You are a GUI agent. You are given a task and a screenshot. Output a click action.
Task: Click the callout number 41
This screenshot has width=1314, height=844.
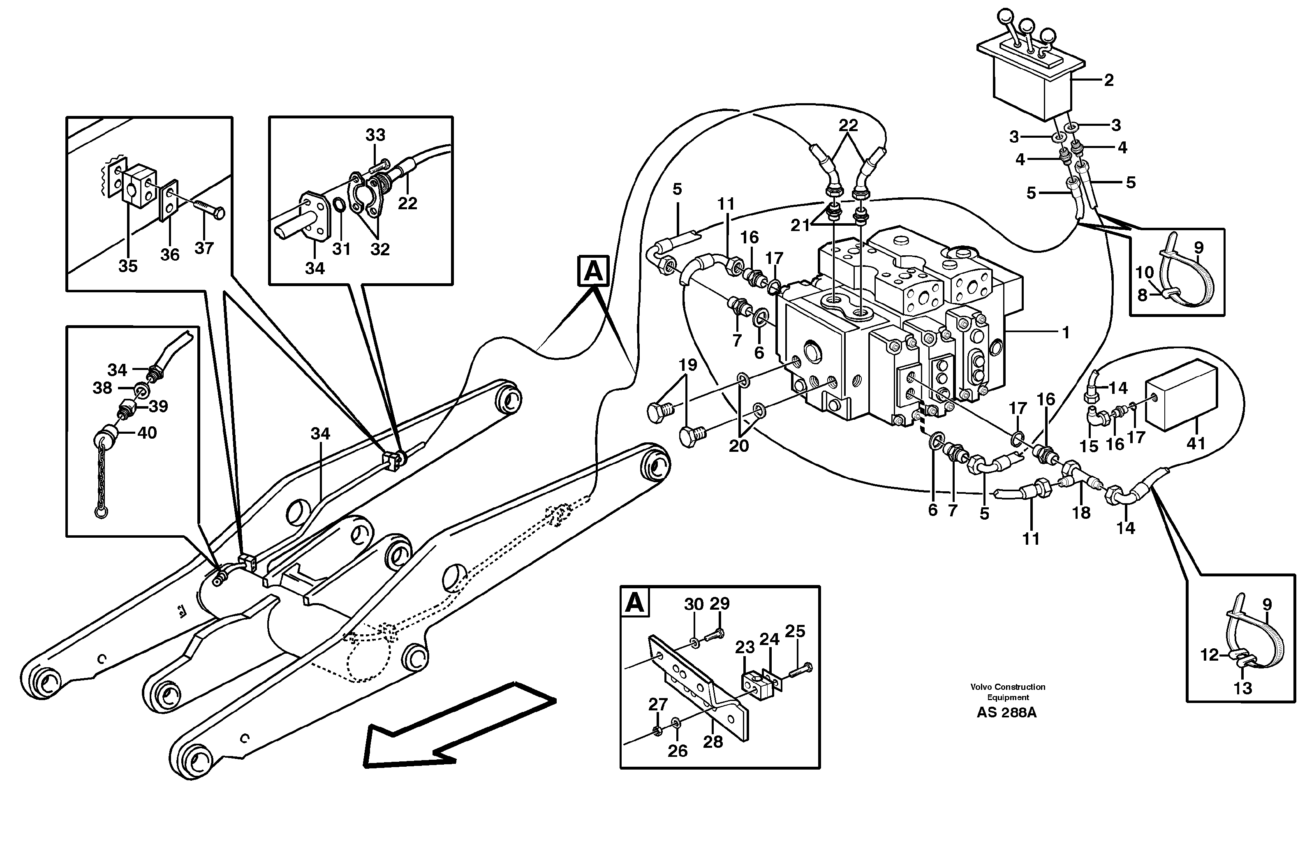[x=1196, y=443]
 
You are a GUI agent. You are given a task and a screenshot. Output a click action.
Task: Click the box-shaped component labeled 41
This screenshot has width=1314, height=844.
[x=1181, y=394]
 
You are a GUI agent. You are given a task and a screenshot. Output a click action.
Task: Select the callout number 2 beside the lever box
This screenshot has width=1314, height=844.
[x=1108, y=81]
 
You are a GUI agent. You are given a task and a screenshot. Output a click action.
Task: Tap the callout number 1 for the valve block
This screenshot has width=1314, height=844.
[x=1066, y=332]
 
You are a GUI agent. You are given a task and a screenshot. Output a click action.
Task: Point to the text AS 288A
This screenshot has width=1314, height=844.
[x=1006, y=713]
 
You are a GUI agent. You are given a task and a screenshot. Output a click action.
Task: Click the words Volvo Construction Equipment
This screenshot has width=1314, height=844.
[x=1008, y=691]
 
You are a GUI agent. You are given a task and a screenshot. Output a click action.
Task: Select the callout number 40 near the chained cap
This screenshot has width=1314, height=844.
[x=147, y=433]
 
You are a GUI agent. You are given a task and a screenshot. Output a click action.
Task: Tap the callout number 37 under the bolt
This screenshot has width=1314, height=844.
[x=204, y=248]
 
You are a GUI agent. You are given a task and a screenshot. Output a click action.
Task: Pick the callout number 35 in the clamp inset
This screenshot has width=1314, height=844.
[x=128, y=266]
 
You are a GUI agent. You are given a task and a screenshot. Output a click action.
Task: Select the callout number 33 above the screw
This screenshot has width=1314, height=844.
[x=375, y=135]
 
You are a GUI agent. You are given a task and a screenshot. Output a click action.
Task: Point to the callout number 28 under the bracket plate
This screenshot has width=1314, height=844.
[x=713, y=742]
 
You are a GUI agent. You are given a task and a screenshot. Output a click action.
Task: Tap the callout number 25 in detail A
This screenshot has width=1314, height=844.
[x=795, y=631]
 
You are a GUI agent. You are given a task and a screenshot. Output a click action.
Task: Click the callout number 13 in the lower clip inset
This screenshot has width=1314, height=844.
[x=1242, y=688]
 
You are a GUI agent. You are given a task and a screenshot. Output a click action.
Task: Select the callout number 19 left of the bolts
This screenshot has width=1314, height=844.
[x=688, y=365]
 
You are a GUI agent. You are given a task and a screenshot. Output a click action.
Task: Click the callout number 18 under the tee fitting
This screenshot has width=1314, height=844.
[x=1081, y=513]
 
